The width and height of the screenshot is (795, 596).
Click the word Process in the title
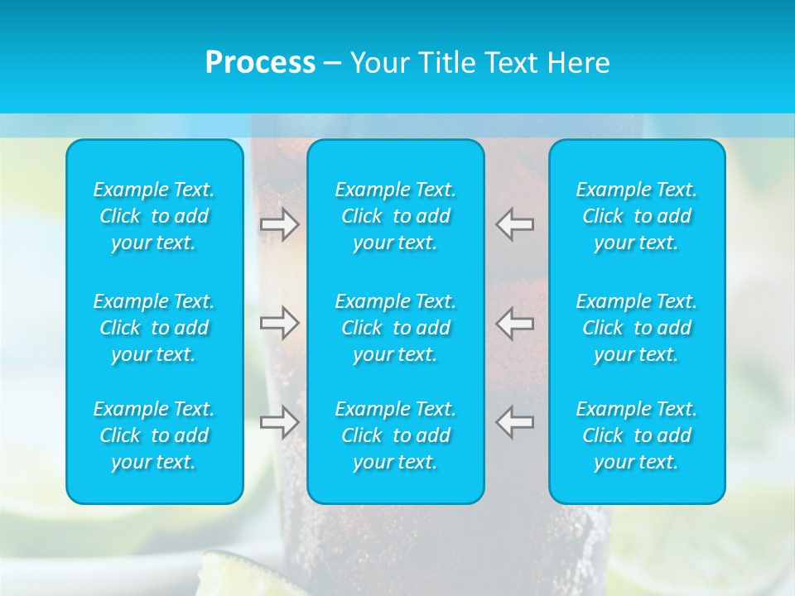(260, 63)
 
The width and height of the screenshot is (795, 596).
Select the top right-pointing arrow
(280, 224)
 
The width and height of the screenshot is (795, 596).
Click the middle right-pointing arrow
(280, 323)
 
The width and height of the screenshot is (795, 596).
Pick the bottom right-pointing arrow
(280, 421)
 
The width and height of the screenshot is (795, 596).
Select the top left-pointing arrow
(515, 224)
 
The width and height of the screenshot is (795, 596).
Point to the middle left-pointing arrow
(515, 323)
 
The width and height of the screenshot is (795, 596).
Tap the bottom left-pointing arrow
(515, 421)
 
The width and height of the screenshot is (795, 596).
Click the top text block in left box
(154, 216)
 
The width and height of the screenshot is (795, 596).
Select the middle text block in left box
(154, 328)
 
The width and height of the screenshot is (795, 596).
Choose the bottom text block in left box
(154, 435)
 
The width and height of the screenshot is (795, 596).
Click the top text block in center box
(396, 216)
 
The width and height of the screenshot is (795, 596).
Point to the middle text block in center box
(396, 328)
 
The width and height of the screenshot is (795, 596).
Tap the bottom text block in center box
(396, 435)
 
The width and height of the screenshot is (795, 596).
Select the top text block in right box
(637, 216)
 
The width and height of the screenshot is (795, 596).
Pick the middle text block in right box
(637, 328)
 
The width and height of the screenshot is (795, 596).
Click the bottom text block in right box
(637, 435)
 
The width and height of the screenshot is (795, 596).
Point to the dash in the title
(332, 64)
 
